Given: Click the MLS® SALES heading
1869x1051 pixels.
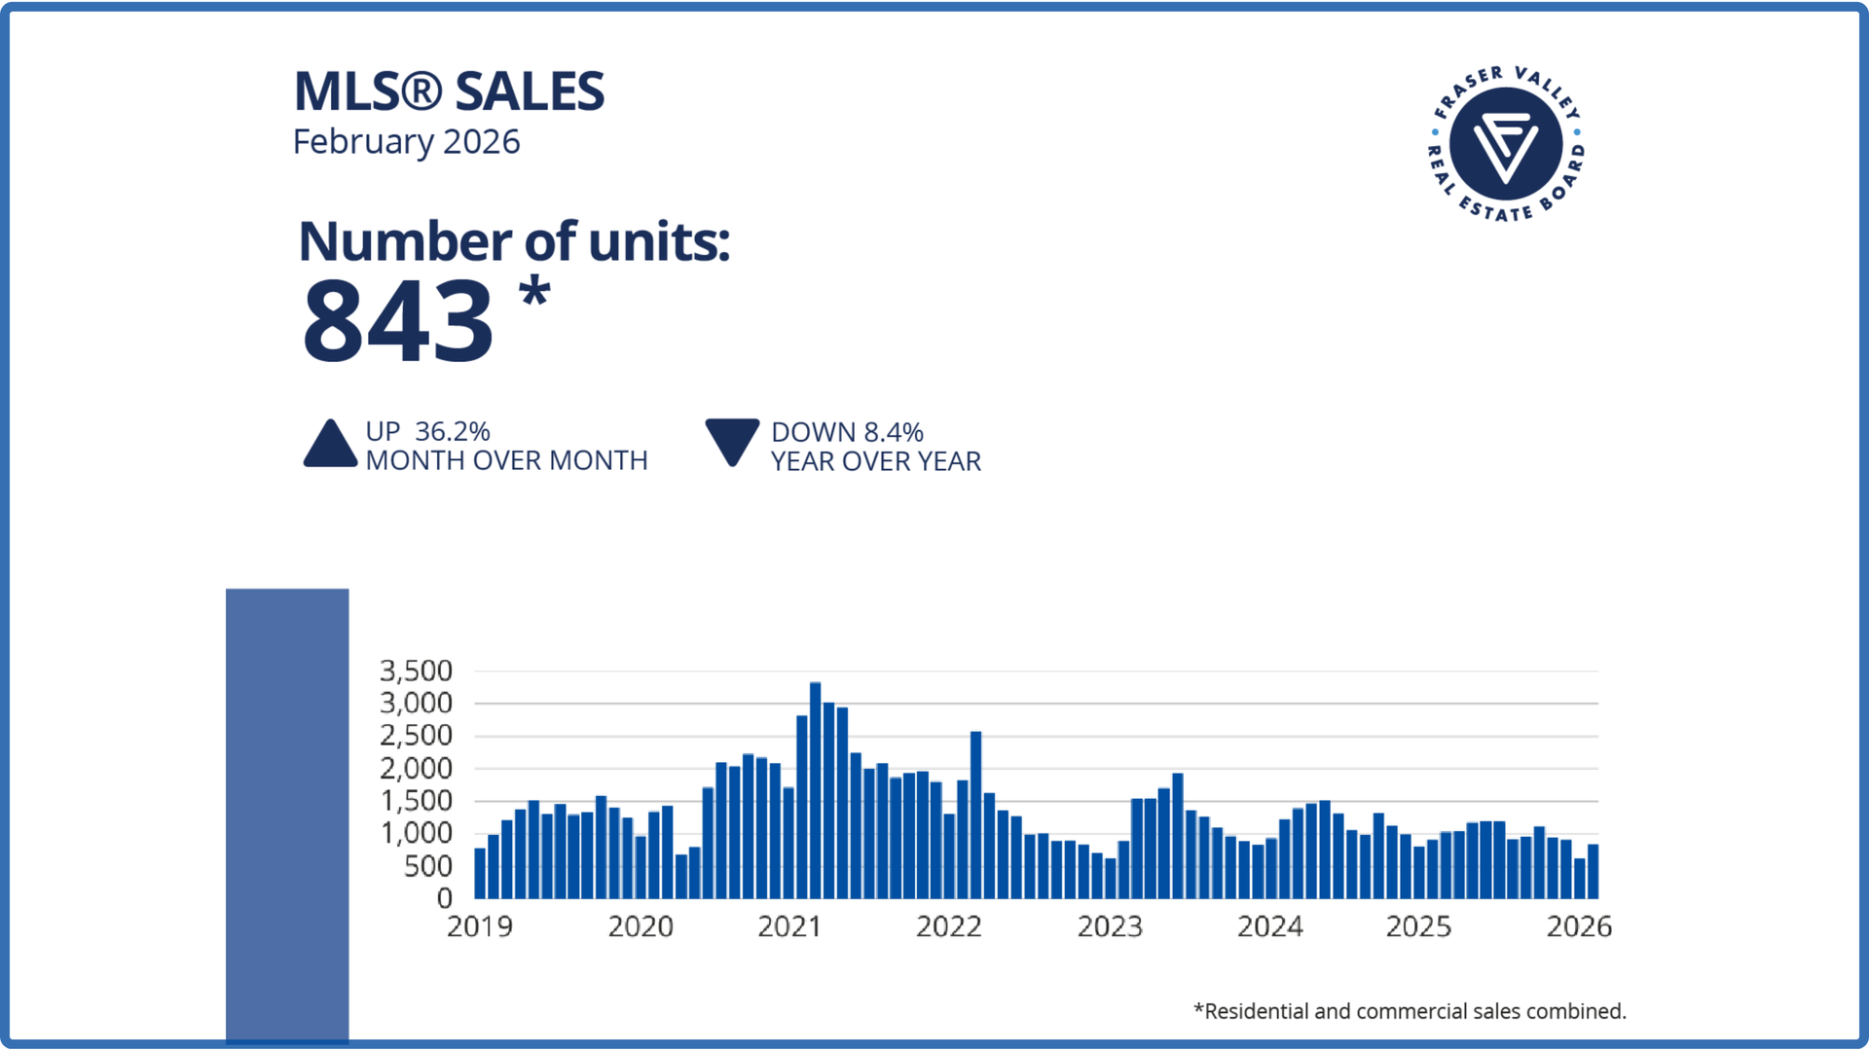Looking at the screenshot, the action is pos(449,91).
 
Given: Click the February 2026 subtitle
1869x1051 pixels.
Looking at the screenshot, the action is pos(406,142).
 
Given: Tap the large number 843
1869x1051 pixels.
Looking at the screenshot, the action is pos(397,320).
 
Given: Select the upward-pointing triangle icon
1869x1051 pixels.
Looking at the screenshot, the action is pos(330,444).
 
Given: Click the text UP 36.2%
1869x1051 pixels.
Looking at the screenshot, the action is pos(427,431).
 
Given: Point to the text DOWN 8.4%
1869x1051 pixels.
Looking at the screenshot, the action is pos(847,432).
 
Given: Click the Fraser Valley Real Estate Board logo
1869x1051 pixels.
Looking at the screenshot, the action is pos(1506,144).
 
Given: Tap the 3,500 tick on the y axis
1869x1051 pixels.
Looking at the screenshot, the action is pos(416,670).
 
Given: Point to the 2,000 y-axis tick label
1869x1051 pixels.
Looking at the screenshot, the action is pos(416,769).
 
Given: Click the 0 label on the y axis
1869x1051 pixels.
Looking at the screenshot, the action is pos(444,898).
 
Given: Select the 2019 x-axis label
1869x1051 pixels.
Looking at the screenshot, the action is pos(479,926).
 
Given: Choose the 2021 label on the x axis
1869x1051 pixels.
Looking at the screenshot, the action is pos(789,926).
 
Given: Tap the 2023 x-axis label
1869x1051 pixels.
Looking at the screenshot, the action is pos(1110,926).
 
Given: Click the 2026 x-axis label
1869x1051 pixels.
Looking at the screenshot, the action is pos(1579,926).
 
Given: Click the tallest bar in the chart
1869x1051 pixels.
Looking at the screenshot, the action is pos(815,790).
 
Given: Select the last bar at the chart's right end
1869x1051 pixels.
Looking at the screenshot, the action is pos(1593,871).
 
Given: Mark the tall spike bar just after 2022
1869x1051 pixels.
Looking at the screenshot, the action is pos(975,815).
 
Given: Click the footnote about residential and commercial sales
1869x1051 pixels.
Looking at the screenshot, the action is pos(1410,1012).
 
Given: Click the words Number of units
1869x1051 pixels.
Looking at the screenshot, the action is pos(513,241).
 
